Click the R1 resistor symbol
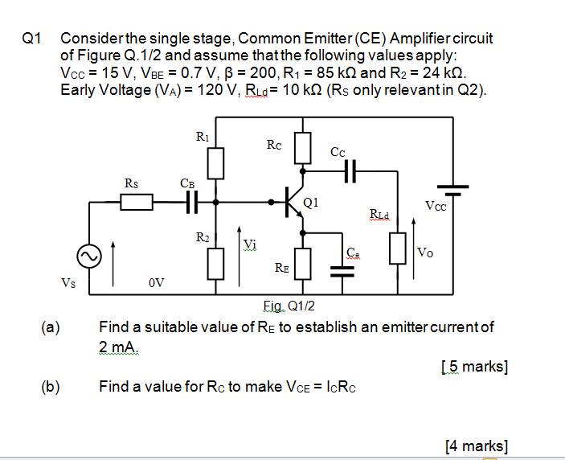coord(215,163)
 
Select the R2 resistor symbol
coord(215,262)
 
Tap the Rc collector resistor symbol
coord(302,146)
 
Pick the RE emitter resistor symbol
coord(302,262)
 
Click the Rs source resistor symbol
coord(137,202)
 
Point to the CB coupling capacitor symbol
coord(191,202)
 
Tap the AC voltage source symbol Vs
coord(88,257)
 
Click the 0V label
coord(157,282)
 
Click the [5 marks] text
coord(474,368)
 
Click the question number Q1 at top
coord(33,38)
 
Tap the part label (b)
coord(51,386)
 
